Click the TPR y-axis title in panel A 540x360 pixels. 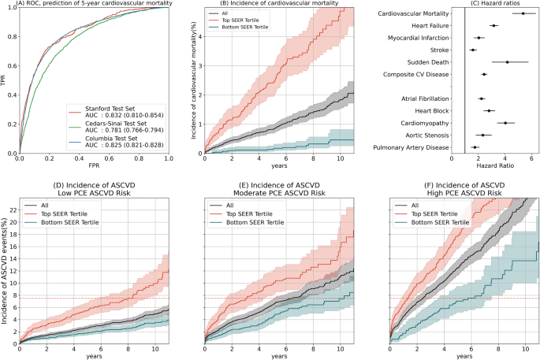pyautogui.click(x=5, y=80)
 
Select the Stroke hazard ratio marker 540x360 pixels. pyautogui.click(x=473, y=50)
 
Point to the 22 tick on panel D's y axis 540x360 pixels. pyautogui.click(x=13, y=209)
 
